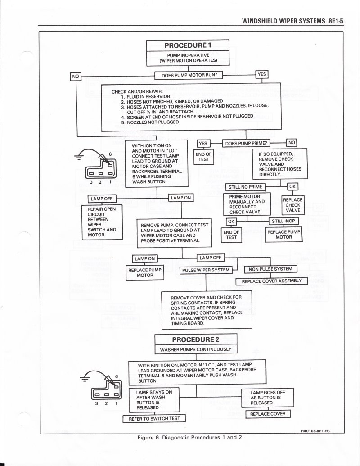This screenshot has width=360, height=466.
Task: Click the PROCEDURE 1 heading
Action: pos(188,45)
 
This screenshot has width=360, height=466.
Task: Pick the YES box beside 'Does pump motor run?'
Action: pos(261,74)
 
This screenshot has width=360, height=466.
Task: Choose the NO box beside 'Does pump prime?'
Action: pos(292,143)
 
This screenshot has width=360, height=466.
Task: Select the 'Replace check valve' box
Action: pos(292,205)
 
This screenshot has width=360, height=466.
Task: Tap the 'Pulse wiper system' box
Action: pos(205,270)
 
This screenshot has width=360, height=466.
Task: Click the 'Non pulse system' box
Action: pos(270,269)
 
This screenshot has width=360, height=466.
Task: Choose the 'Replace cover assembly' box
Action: pos(272,281)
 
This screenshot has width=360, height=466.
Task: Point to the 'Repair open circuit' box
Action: pos(99,222)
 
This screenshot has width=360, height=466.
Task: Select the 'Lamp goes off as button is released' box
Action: pos(267,398)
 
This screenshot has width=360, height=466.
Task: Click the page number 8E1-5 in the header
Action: pos(334,21)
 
